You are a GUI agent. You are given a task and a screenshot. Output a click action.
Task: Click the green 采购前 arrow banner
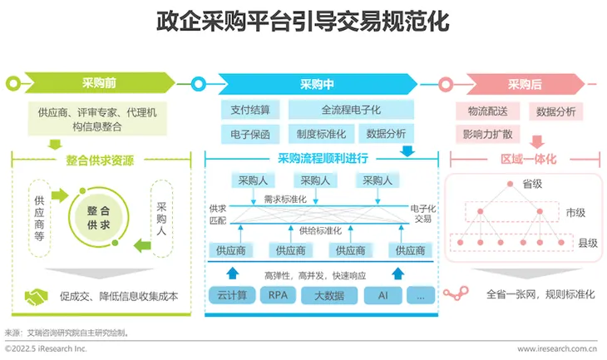[x=100, y=83]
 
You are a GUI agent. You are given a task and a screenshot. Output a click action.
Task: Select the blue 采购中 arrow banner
[x=318, y=84]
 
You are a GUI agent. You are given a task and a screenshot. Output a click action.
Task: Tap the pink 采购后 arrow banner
[x=525, y=84]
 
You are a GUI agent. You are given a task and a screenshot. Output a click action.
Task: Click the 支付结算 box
[x=250, y=110]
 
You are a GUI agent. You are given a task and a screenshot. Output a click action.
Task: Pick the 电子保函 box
[x=250, y=134]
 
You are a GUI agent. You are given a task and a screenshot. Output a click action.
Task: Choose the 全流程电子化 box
[x=351, y=110]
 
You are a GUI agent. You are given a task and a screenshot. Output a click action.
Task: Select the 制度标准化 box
[x=321, y=134]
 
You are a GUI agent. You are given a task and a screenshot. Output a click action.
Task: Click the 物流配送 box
[x=488, y=111]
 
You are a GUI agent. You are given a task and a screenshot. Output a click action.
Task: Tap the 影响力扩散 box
[x=488, y=135]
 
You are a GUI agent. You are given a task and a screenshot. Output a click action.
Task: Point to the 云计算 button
[x=232, y=295]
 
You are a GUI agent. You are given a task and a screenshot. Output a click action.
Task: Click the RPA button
[x=278, y=295]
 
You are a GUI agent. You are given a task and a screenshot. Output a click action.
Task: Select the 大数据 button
[x=329, y=295]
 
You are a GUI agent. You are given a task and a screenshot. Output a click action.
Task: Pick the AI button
[x=382, y=295]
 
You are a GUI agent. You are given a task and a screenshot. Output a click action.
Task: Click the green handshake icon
[x=36, y=297]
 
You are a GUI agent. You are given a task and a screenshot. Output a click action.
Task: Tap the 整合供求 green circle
[x=98, y=218]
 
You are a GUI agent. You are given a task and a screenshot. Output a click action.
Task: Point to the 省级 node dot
[x=511, y=184]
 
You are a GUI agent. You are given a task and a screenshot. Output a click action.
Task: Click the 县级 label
[x=588, y=243]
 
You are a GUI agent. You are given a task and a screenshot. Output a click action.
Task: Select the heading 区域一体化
[x=528, y=159]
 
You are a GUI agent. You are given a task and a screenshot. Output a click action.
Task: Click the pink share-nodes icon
[x=456, y=293]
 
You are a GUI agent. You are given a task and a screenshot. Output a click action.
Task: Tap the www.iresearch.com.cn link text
[x=557, y=348]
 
